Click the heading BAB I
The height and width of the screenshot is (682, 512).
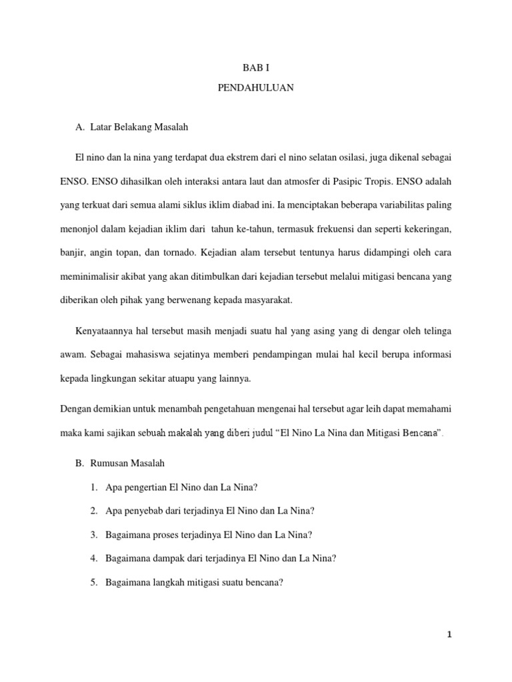(x=256, y=67)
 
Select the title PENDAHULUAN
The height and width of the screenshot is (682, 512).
(x=256, y=88)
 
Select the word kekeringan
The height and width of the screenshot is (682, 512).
(x=425, y=228)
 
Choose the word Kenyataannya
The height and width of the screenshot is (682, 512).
(x=105, y=331)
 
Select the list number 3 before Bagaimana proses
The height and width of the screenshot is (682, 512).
(x=94, y=535)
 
